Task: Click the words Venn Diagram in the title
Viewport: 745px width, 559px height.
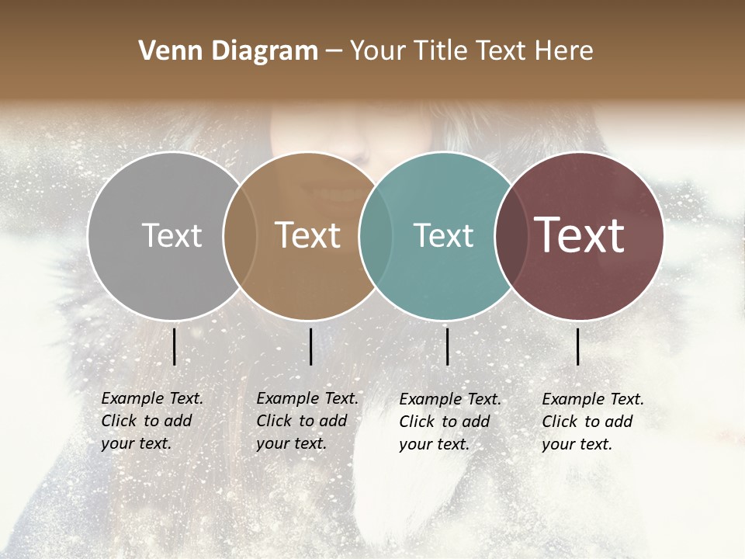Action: pyautogui.click(x=228, y=51)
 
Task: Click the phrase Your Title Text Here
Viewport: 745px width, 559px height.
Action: pyautogui.click(x=471, y=51)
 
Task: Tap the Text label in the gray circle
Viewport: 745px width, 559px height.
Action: pyautogui.click(x=172, y=235)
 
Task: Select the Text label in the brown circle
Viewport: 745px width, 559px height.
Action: pyautogui.click(x=308, y=235)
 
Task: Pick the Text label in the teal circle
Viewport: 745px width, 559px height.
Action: pyautogui.click(x=443, y=235)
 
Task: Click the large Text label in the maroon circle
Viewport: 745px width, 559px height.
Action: pyautogui.click(x=580, y=235)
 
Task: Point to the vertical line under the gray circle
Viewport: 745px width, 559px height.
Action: pyautogui.click(x=174, y=346)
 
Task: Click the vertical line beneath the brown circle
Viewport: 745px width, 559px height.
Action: pyautogui.click(x=310, y=346)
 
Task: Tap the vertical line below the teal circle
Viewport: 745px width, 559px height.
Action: pyautogui.click(x=447, y=346)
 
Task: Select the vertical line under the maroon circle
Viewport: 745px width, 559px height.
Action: pyautogui.click(x=578, y=346)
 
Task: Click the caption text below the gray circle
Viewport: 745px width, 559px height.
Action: pyautogui.click(x=152, y=421)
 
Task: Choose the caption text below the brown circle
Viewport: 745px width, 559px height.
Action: pyautogui.click(x=307, y=421)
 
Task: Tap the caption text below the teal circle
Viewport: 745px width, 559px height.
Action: pyautogui.click(x=450, y=422)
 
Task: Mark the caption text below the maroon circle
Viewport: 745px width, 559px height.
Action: pyautogui.click(x=593, y=422)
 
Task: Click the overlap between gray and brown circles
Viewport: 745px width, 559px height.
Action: pyautogui.click(x=240, y=236)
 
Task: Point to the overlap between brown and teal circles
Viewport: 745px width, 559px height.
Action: pyautogui.click(x=375, y=236)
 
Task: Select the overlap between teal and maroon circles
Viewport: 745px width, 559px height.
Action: pyautogui.click(x=509, y=236)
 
